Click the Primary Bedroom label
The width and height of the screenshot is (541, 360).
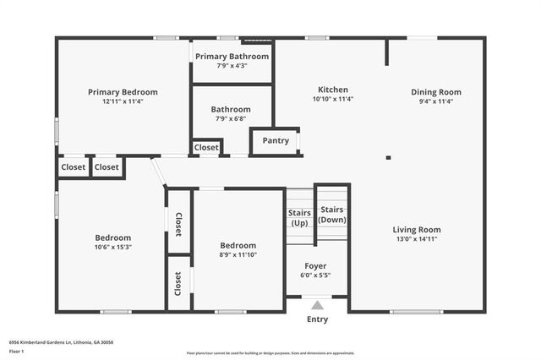coord(123,92)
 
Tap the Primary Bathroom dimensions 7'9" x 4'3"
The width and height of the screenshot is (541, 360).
coord(232,65)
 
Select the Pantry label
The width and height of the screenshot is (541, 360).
coord(276,141)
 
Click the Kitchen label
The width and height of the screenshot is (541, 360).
coord(332,90)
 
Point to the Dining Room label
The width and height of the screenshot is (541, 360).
coord(436,92)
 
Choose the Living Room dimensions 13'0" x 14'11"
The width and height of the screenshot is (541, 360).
coord(416,239)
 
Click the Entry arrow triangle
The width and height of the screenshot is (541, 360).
coord(317,305)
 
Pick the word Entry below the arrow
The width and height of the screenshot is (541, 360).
coord(317,319)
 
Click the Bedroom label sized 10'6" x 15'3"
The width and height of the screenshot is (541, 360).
coord(112,237)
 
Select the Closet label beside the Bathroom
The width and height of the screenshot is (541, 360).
coord(206,147)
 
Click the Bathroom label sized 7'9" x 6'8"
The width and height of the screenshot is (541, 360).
coord(231,109)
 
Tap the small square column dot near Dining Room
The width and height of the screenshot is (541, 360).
coord(388,157)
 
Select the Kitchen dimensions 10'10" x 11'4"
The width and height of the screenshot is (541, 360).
coord(332,99)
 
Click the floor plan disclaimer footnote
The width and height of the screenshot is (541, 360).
coord(270,352)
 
